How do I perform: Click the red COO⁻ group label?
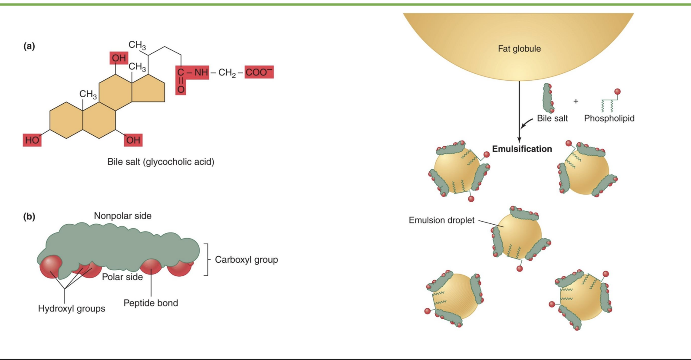[x=259, y=72]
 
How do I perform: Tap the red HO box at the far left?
[x=32, y=140]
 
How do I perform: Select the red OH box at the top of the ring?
[x=118, y=58]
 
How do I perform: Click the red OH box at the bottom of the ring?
[x=133, y=140]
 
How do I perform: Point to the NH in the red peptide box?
[x=201, y=72]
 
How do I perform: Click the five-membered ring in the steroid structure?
[x=148, y=89]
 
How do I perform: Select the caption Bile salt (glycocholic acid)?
[x=161, y=162]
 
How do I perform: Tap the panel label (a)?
[x=29, y=46]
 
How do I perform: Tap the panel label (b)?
[x=29, y=216]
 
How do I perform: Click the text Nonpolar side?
[x=122, y=216]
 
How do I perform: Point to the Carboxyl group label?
[x=246, y=260]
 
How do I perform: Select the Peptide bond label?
[x=151, y=303]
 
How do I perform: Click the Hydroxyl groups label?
[x=72, y=309]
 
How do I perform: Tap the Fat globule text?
[x=519, y=49]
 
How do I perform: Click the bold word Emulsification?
[x=522, y=149]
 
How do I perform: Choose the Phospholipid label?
[x=609, y=118]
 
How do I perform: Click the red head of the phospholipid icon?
[x=617, y=92]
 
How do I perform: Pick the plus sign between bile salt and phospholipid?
[x=576, y=101]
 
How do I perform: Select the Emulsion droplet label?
[x=441, y=220]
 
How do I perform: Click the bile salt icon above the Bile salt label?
[x=548, y=98]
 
